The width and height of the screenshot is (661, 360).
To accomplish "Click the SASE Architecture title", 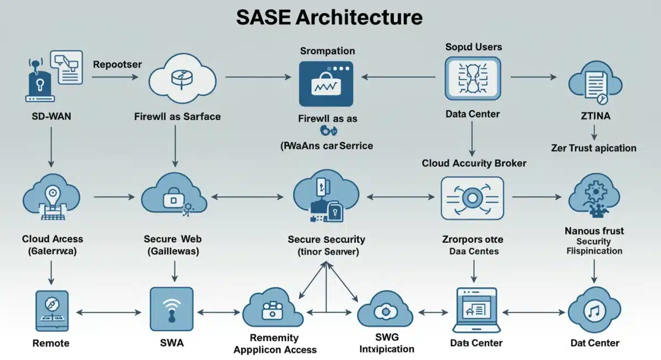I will [x=329, y=17].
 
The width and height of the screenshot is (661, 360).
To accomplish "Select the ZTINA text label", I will [x=594, y=117].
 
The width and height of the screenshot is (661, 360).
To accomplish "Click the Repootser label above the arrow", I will [x=117, y=64].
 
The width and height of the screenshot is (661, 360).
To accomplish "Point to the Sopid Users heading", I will [x=473, y=47].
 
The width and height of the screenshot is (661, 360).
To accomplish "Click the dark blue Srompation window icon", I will [x=326, y=84].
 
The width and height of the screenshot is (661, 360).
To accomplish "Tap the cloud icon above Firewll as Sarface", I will [x=177, y=80].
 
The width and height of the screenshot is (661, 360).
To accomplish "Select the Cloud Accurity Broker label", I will [x=474, y=163].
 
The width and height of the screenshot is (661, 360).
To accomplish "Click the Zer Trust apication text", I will [x=593, y=148].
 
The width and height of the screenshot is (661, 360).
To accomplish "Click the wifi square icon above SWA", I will [x=172, y=310].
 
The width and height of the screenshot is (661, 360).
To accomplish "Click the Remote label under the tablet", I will [x=51, y=343].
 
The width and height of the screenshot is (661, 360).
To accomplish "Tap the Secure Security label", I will [x=326, y=239].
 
